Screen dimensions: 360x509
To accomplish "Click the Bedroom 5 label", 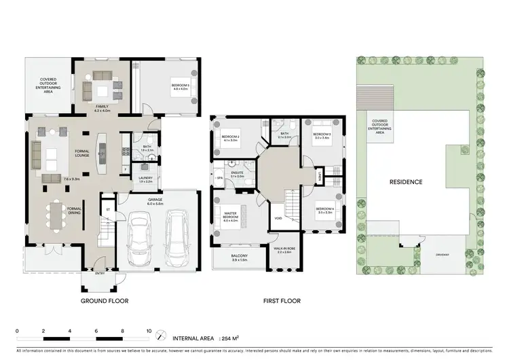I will click(180, 85).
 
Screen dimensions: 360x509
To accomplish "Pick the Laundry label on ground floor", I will click(145, 179).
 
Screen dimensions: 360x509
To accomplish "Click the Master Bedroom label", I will click(231, 217).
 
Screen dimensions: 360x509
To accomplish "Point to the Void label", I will click(278, 219).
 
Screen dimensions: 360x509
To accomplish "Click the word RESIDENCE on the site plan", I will click(406, 182).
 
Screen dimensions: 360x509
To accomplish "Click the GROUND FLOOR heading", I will click(105, 300).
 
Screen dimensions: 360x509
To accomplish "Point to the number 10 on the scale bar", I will click(149, 331).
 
